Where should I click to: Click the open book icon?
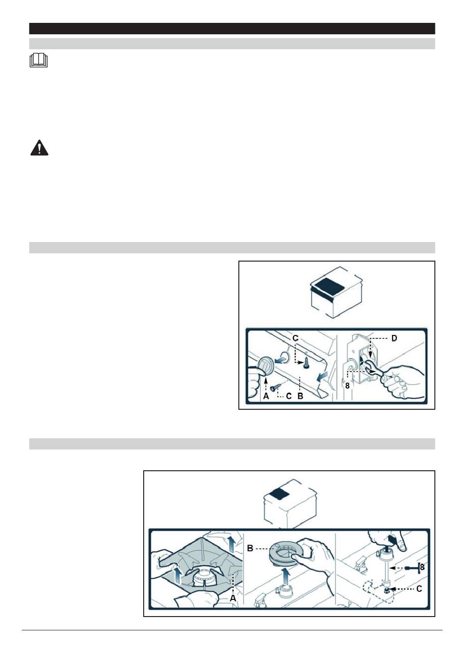pyautogui.click(x=39, y=60)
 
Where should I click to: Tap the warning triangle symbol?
pyautogui.click(x=39, y=148)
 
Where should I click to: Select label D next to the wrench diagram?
pyautogui.click(x=394, y=338)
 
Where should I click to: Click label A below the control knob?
pyautogui.click(x=266, y=396)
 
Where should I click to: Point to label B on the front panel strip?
pyautogui.click(x=300, y=396)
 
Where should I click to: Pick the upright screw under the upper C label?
pyautogui.click(x=306, y=363)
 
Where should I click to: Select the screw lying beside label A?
pyautogui.click(x=275, y=387)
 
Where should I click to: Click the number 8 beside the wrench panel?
pyautogui.click(x=347, y=385)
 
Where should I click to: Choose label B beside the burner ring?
pyautogui.click(x=250, y=548)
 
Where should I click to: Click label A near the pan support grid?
pyautogui.click(x=233, y=598)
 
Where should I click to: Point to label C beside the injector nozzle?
pyautogui.click(x=419, y=589)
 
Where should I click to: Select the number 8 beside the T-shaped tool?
pyautogui.click(x=422, y=567)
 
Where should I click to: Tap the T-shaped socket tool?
pyautogui.click(x=412, y=568)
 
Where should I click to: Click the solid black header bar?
pyautogui.click(x=232, y=29)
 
